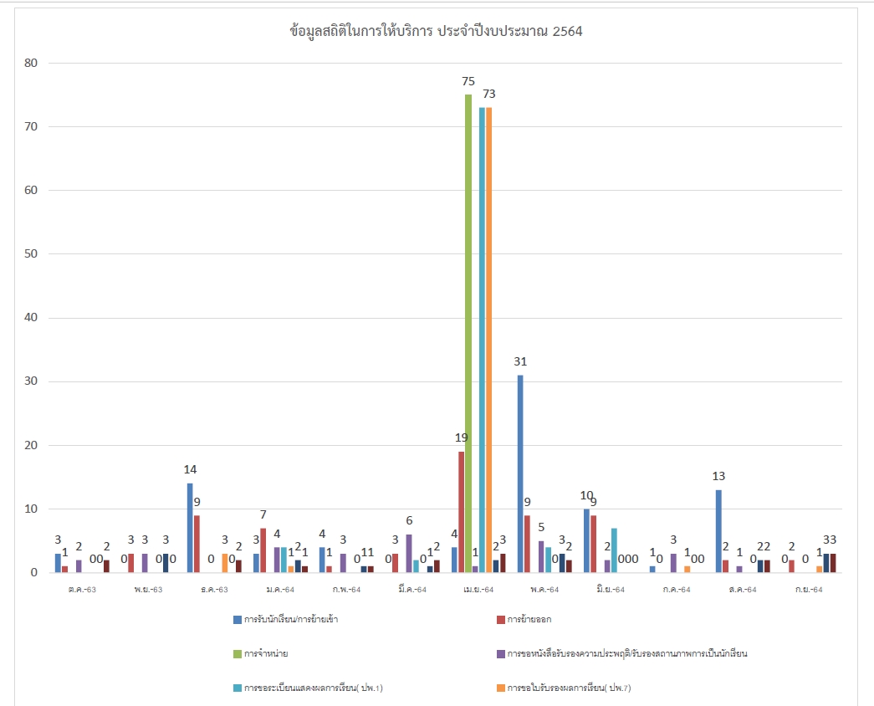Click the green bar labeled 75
[468, 335]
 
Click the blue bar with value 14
[190, 528]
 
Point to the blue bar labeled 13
[718, 531]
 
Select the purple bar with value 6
[409, 553]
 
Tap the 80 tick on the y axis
[33, 64]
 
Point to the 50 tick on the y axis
[33, 254]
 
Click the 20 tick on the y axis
[33, 446]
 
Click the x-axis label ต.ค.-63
[82, 590]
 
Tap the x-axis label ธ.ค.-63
[214, 590]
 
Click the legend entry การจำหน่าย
[267, 653]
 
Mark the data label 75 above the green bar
[468, 82]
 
